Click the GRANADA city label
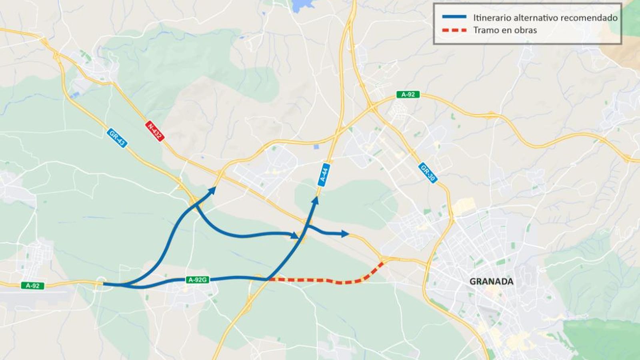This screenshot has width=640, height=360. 491,282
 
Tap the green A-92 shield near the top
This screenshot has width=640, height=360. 408,94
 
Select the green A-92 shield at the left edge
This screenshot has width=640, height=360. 32,286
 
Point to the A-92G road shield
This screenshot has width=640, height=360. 198,280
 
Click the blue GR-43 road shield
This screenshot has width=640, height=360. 117,138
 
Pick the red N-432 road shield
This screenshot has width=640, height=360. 154,131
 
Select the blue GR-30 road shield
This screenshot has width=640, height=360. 428,173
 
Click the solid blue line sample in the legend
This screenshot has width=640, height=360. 454,17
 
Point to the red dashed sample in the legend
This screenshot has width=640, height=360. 454,30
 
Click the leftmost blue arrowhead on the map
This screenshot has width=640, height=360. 212,190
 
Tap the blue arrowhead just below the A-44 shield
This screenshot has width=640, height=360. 316,200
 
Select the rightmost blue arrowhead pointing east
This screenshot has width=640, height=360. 345,234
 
